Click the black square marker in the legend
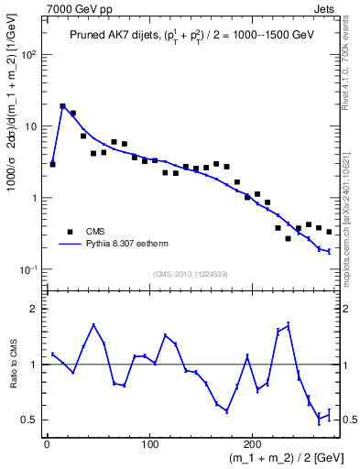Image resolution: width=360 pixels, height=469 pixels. pyautogui.click(x=70, y=232)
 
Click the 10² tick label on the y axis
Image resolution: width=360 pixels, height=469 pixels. pyautogui.click(x=28, y=55)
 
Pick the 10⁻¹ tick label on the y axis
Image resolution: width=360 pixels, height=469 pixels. pyautogui.click(x=28, y=269)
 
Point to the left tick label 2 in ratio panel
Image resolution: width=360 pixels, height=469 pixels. pyautogui.click(x=34, y=309)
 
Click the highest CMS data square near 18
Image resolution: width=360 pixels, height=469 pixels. pyautogui.click(x=62, y=106)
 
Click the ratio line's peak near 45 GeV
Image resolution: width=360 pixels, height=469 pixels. pyautogui.click(x=93, y=324)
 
